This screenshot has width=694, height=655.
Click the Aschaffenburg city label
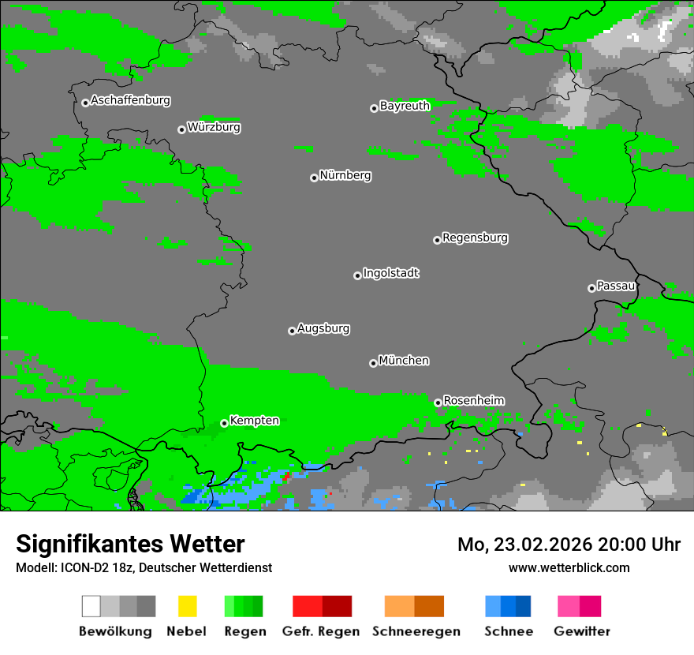130,101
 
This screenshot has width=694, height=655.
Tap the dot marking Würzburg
181,129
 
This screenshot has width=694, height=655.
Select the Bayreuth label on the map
405,106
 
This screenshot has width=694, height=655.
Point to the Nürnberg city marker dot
314,178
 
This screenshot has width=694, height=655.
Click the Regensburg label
475,238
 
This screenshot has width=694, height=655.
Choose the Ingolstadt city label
390,273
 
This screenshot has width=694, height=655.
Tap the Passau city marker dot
591,288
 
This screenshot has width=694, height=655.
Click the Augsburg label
323,328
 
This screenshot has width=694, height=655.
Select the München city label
404,361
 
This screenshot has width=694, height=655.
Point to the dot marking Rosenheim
438,402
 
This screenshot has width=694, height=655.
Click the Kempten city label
254,421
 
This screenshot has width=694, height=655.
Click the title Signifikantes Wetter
130,544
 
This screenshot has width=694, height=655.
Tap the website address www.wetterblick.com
569,567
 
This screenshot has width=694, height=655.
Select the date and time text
569,545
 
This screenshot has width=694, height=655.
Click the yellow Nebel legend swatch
187,606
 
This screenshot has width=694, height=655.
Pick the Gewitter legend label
581,631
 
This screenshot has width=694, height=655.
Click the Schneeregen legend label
415,631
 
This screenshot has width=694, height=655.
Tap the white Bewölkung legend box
91,606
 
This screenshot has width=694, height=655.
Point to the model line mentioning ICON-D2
144,567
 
